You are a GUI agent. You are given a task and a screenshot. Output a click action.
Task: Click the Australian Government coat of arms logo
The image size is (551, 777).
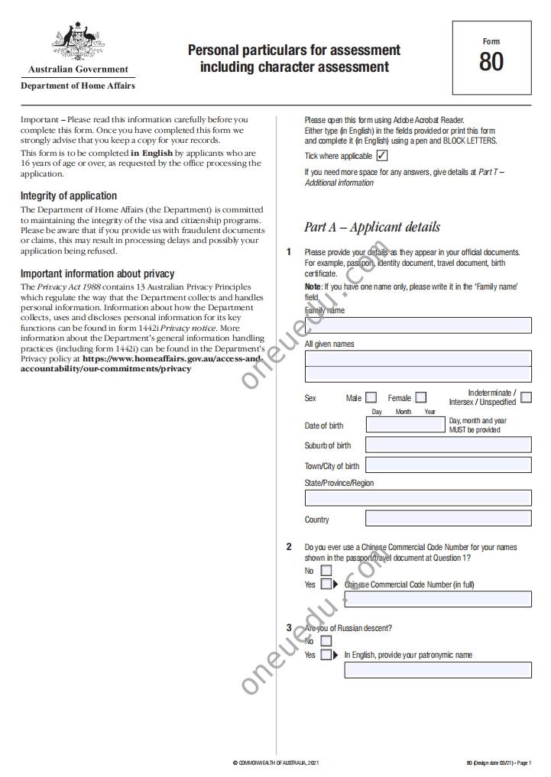point(77,43)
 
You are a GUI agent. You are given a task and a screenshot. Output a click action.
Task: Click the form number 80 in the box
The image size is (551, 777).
point(491,61)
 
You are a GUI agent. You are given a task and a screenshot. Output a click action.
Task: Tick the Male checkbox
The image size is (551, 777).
point(371,397)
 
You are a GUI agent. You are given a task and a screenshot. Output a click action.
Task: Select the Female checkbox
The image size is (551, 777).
point(421,397)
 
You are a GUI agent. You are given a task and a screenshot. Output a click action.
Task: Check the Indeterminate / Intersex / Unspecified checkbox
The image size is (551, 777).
point(526,397)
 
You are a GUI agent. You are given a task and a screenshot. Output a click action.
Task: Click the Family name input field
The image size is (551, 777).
point(418,325)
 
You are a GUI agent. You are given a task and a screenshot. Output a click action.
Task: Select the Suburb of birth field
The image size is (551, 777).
point(448,445)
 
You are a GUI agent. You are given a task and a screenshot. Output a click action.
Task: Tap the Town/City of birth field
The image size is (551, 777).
point(448,465)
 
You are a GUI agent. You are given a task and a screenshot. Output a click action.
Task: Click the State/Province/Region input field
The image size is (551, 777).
point(418,498)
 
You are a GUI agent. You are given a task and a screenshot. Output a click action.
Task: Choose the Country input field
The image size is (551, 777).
point(448,519)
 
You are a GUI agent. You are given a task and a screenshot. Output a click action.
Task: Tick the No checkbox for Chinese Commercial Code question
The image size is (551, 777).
point(326,571)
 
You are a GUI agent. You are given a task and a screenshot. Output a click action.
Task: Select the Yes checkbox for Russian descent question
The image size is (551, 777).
point(326,655)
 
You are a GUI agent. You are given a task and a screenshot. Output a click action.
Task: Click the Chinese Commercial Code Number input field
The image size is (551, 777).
point(438,599)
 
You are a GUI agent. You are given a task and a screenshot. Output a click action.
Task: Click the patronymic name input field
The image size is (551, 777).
point(438,670)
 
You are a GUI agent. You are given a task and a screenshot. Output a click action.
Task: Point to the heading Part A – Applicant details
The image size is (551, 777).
point(372,227)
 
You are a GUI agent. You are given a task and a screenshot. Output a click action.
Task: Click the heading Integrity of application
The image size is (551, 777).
point(69,196)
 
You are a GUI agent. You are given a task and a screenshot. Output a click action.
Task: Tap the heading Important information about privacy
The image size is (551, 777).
point(97,274)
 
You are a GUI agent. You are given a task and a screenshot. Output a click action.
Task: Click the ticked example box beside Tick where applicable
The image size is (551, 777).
point(382,156)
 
